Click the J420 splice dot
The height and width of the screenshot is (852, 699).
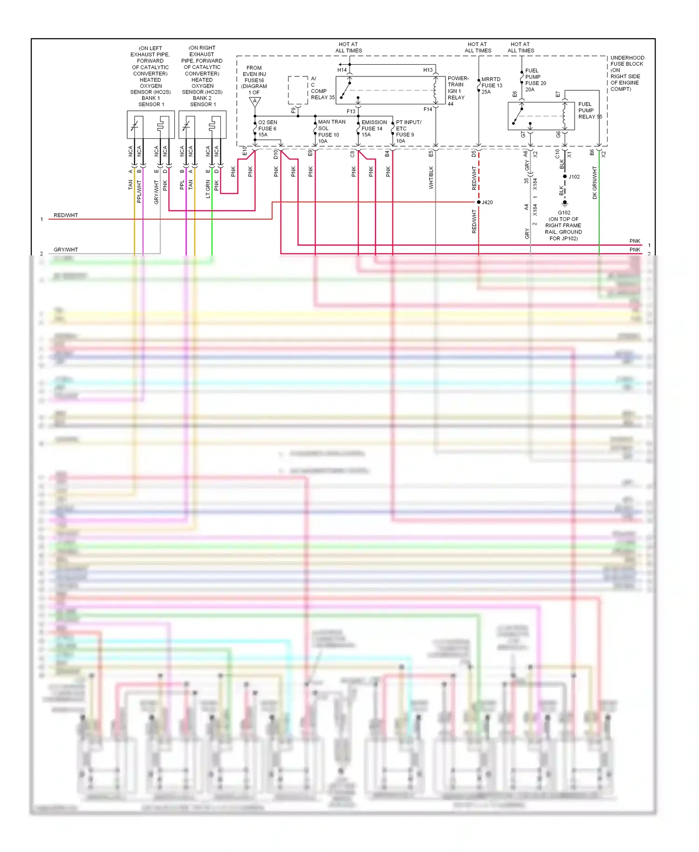click(x=479, y=202)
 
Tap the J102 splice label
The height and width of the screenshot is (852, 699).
click(x=574, y=177)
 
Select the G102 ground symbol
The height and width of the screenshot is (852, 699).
click(x=565, y=204)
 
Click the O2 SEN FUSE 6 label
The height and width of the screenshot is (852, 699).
click(x=267, y=129)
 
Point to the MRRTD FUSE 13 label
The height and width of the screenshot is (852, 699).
click(x=492, y=86)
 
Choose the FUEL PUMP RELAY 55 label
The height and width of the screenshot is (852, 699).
click(x=589, y=110)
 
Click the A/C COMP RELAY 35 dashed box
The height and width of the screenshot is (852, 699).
click(x=298, y=90)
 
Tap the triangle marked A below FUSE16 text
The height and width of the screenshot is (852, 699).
click(x=255, y=102)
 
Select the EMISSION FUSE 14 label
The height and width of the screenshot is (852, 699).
click(x=374, y=129)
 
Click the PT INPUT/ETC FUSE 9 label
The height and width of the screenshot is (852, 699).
click(x=408, y=131)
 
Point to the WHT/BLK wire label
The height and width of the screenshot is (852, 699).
click(x=431, y=177)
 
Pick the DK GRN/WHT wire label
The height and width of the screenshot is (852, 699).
click(x=595, y=183)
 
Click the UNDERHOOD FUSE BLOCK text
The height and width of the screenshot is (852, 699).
click(x=627, y=73)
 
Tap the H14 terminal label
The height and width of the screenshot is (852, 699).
click(x=342, y=70)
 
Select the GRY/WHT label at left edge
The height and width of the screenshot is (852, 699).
click(x=66, y=250)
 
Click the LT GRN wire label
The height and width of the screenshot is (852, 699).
click(x=208, y=189)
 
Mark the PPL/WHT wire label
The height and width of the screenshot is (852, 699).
click(x=139, y=191)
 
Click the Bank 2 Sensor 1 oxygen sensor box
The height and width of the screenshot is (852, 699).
click(x=202, y=124)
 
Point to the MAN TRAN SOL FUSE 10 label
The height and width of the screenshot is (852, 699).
click(x=331, y=131)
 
